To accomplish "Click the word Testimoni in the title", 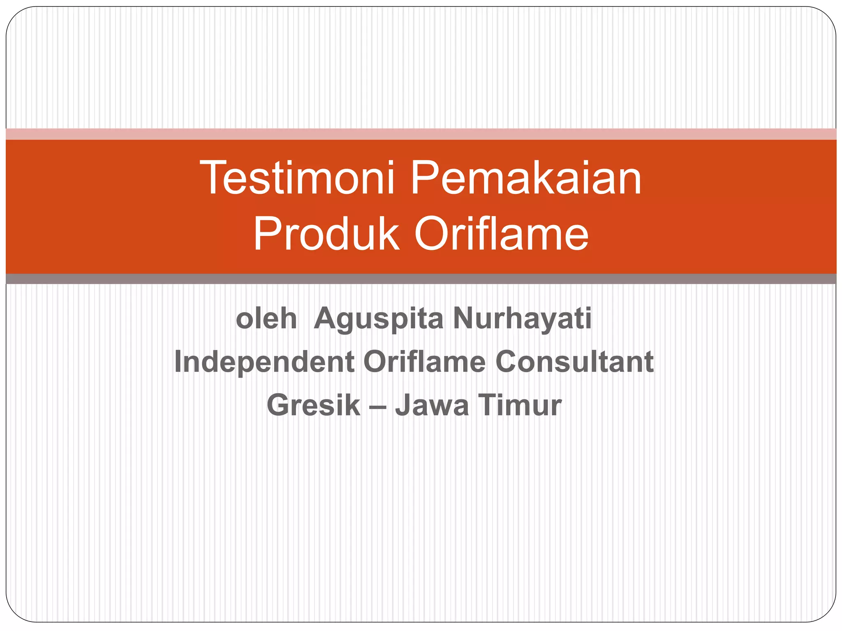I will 297,178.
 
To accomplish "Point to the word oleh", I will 266,319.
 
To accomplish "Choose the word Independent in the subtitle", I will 264,362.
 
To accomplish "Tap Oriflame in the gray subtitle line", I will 424,362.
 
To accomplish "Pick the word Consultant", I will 574,362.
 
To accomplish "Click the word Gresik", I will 313,405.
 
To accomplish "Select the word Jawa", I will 432,405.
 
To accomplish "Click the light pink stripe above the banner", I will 421,134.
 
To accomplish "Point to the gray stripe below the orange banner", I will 421,279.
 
